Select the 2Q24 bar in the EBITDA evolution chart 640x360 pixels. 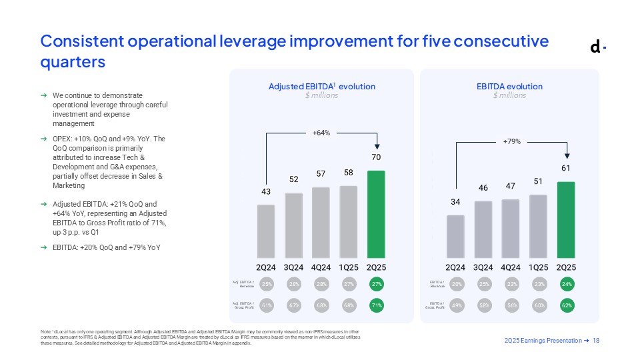click(x=455, y=237)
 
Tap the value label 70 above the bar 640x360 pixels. click(x=377, y=159)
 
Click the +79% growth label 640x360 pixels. click(x=511, y=141)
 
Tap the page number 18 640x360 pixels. click(x=596, y=341)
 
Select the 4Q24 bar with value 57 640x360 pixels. click(x=321, y=223)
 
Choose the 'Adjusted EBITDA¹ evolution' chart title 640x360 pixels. click(x=321, y=87)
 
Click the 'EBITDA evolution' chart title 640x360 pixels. click(x=510, y=87)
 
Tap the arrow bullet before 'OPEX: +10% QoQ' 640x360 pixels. click(x=43, y=139)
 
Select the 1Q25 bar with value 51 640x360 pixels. click(x=538, y=227)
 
